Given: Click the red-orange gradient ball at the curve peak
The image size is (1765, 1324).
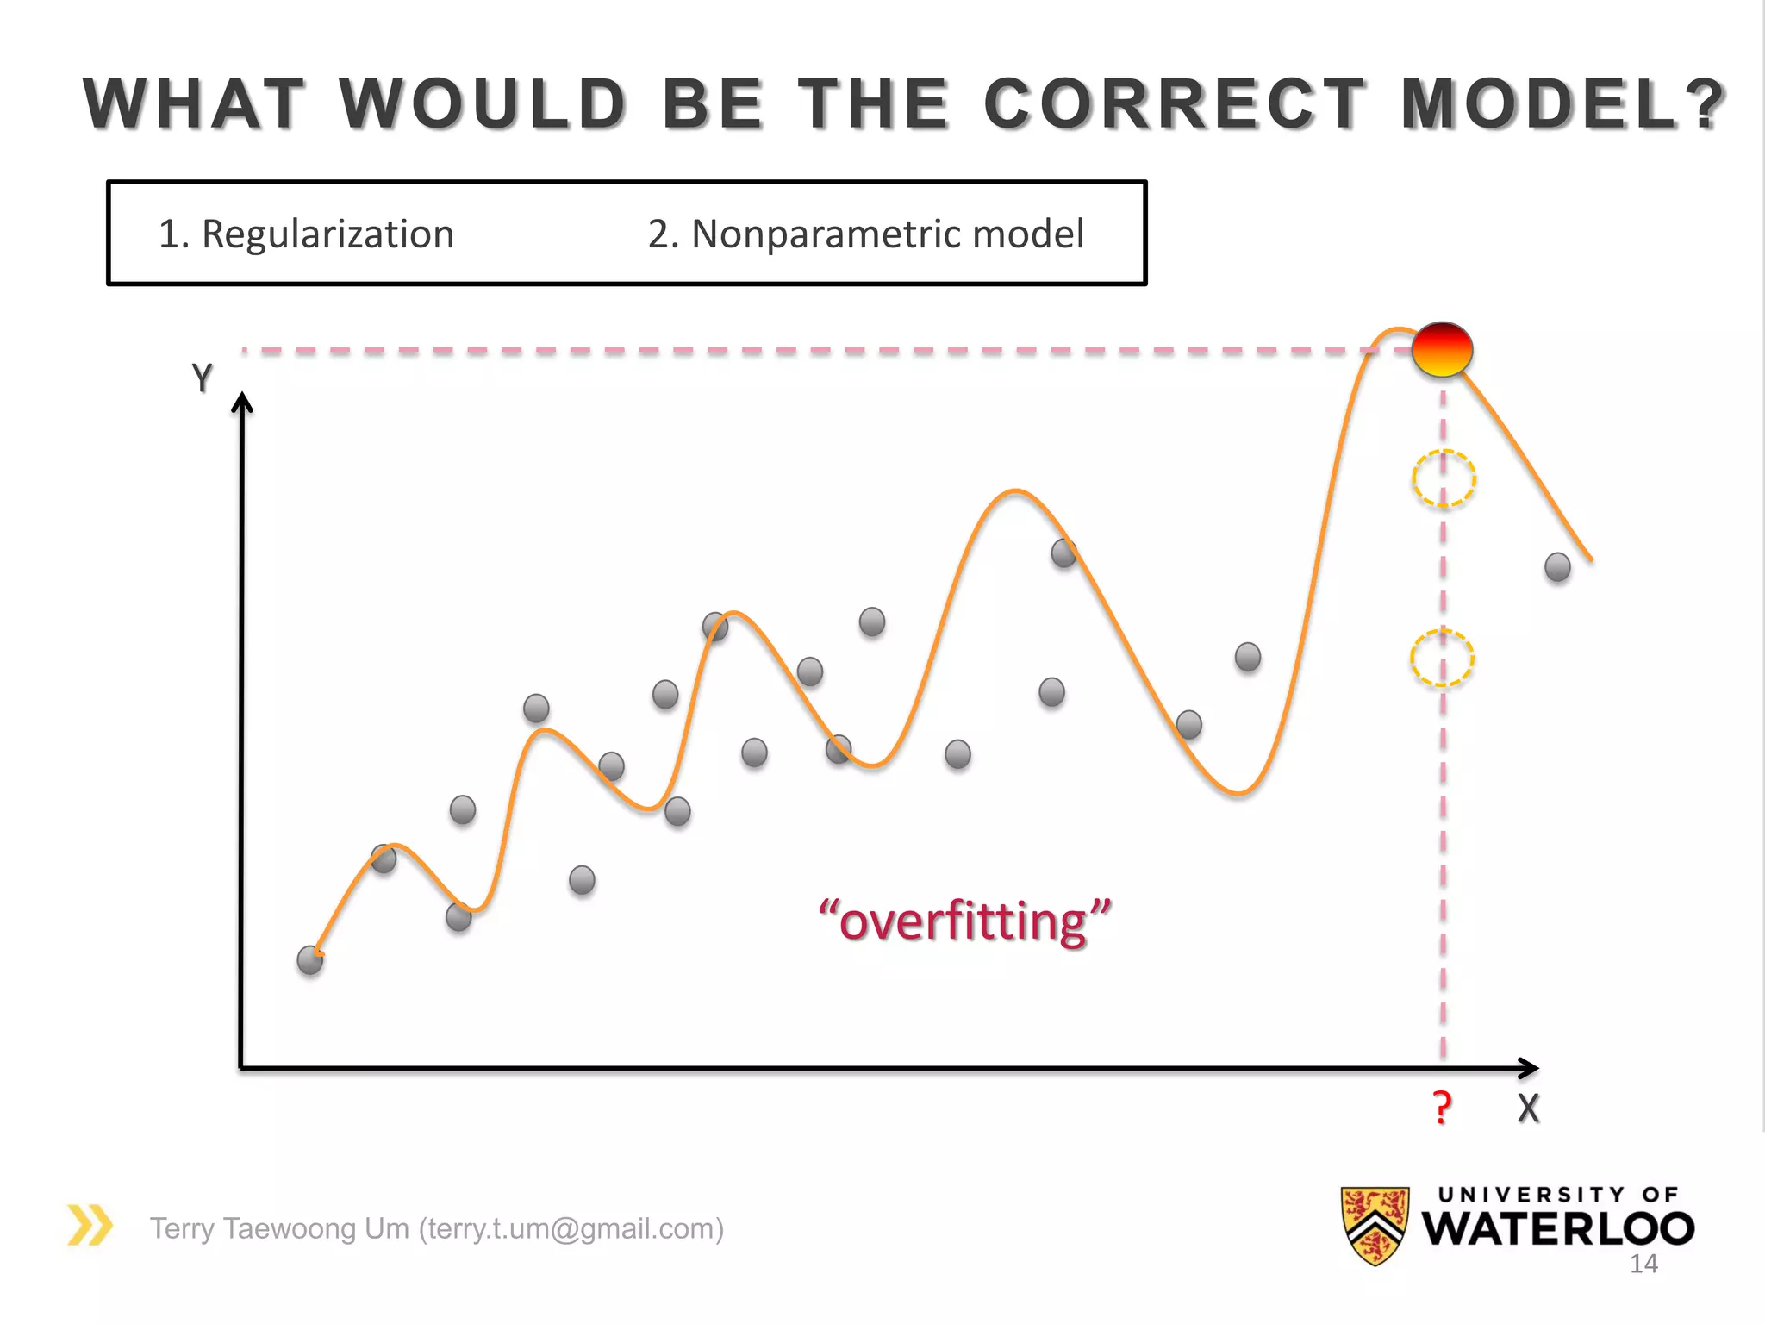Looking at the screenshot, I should coord(1442,349).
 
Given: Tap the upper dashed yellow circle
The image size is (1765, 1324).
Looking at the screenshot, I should coord(1444,478).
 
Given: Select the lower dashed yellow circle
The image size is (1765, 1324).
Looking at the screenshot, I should coord(1442,658).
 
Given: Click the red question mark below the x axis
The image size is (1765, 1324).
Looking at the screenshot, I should coord(1442,1107).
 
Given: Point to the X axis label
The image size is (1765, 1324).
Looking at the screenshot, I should coord(1528,1109).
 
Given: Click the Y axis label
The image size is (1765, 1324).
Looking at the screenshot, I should coord(202,378).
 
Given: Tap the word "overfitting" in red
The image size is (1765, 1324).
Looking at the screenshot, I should coord(964,921).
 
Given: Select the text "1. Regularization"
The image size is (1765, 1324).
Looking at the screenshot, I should coord(306,234).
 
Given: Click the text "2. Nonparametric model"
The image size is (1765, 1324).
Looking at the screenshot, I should coord(865,234).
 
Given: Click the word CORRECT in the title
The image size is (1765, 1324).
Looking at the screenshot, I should coord(1175,104).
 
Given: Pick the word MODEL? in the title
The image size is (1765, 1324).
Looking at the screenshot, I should coord(1562,104).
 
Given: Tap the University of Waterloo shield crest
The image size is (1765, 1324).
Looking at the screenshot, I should coord(1375,1225).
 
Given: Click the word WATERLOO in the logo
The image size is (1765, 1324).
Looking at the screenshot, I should coord(1557,1229).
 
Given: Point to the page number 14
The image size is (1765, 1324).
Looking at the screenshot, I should coord(1643,1265).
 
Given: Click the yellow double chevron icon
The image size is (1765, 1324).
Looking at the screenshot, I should coord(90,1225).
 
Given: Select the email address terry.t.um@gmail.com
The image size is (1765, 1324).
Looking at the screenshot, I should coord(571,1228).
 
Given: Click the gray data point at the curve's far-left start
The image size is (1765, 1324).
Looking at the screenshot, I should coord(310,959).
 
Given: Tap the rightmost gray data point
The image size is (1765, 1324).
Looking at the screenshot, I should coord(1557,567).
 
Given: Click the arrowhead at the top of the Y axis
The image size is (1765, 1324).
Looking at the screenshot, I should coord(242,403).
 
